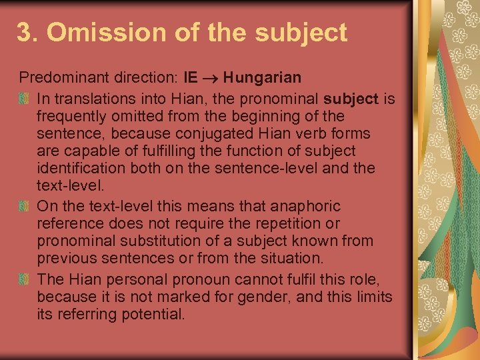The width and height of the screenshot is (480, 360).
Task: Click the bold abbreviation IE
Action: click(x=190, y=78)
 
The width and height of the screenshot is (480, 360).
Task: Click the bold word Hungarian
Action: click(x=262, y=78)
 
